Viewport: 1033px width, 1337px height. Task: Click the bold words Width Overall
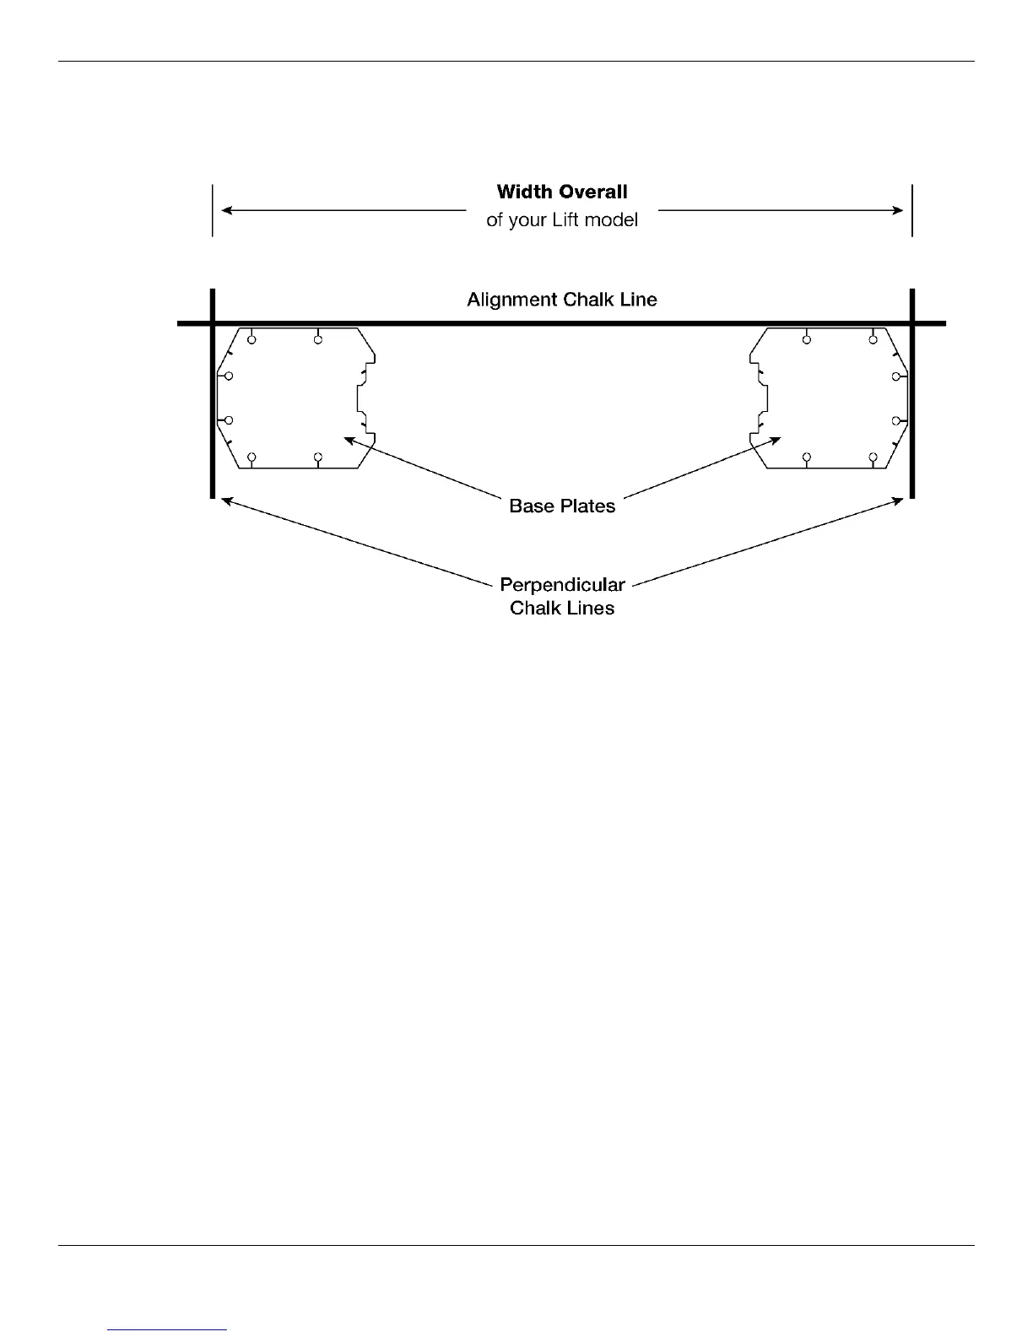pos(562,192)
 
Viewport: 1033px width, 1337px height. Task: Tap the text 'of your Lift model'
pos(562,220)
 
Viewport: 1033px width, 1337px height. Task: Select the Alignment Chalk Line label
pos(562,300)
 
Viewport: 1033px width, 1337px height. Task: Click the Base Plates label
pos(562,506)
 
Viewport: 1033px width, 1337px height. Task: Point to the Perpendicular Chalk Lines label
pos(562,596)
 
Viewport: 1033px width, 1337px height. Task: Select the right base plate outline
pos(831,397)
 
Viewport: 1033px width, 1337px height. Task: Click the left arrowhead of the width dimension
pos(226,210)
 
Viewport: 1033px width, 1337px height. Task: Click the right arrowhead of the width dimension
pos(898,210)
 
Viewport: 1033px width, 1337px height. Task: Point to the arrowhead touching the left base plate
pos(349,438)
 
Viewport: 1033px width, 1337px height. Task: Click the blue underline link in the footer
pos(168,1329)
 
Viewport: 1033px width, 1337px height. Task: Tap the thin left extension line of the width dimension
pos(212,210)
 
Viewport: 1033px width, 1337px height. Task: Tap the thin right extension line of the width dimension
pos(912,210)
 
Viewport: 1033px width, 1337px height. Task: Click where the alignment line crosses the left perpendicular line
pos(212,322)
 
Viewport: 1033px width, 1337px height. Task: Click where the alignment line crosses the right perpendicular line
pos(912,322)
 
